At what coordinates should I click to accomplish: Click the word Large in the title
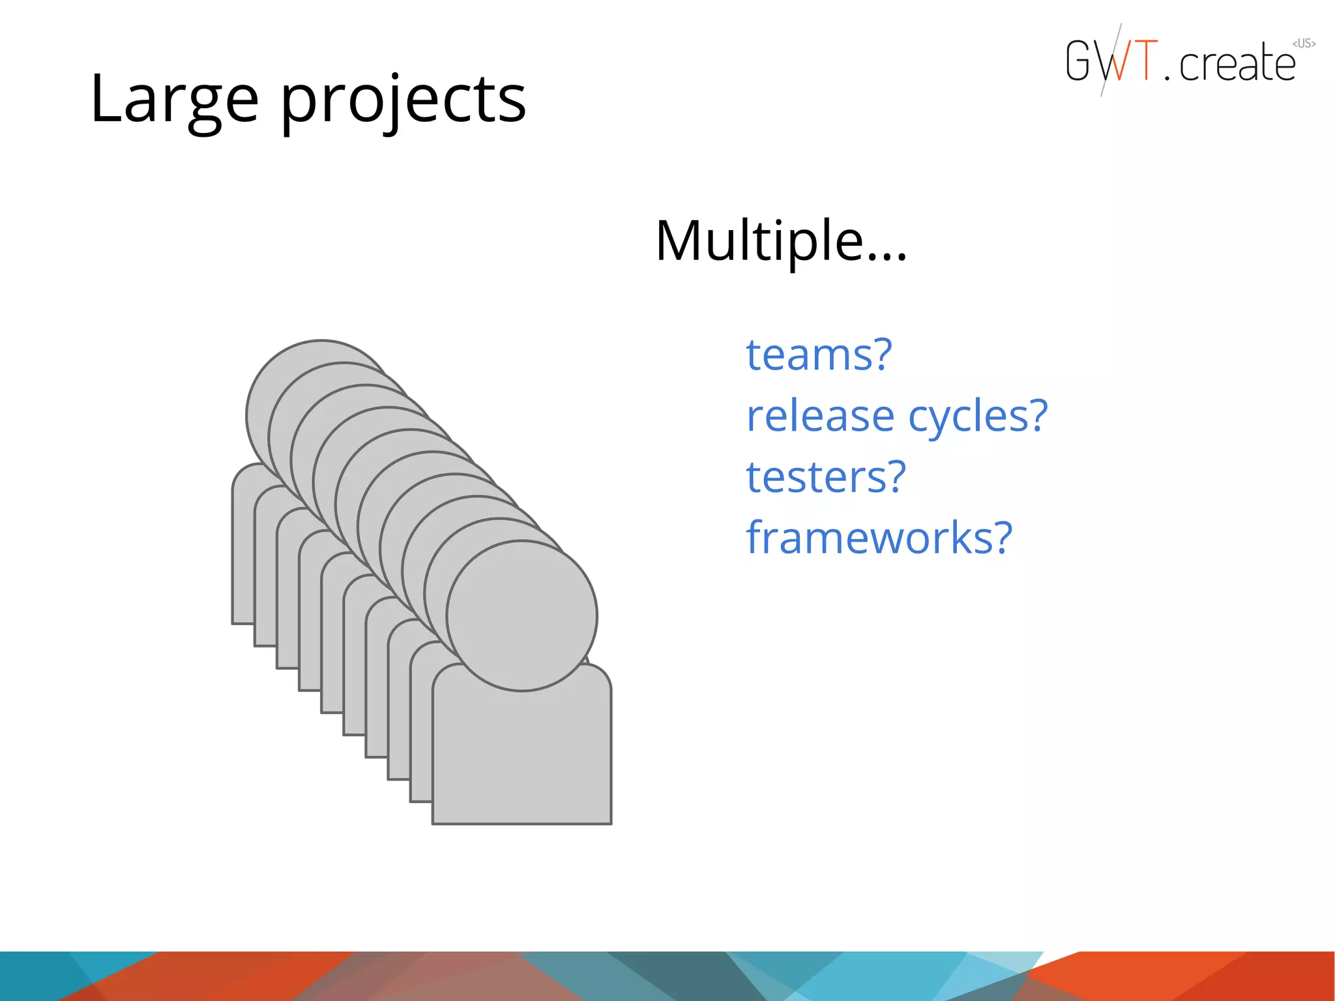click(x=174, y=100)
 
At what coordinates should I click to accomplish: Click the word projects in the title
click(x=403, y=101)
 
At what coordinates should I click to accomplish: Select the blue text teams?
click(x=818, y=355)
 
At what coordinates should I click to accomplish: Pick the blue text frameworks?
click(x=879, y=538)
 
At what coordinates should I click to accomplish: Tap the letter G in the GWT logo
click(x=1079, y=61)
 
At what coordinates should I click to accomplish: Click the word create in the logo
click(x=1237, y=64)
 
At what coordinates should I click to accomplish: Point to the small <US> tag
click(x=1304, y=44)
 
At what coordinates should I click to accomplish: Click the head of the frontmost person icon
click(x=521, y=616)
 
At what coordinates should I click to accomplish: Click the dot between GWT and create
click(x=1167, y=78)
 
